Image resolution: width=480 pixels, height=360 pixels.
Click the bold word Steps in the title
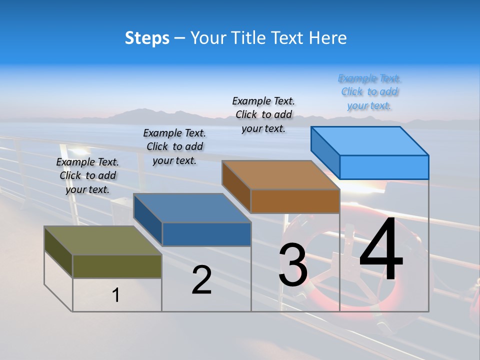coord(147,38)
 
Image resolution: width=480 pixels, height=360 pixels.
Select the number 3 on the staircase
coord(293,265)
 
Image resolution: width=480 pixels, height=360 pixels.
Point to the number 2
coord(201,280)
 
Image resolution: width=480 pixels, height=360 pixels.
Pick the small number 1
coord(116,295)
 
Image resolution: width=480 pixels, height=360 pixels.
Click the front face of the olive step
coord(117,266)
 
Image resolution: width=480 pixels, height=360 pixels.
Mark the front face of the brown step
coord(295,201)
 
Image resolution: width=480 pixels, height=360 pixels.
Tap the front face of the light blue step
coord(384,167)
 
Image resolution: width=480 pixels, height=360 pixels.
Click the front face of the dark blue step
coord(206,234)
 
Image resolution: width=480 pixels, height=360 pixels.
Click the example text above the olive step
coord(87,175)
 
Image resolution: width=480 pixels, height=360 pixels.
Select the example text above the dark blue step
coord(174,146)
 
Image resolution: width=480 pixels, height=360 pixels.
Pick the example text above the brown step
coord(263,114)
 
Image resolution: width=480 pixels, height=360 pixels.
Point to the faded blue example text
coord(369,92)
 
